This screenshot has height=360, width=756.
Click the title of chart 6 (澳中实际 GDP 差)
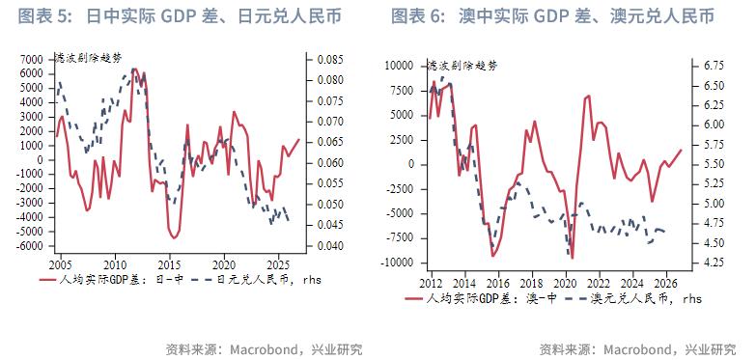[553, 16]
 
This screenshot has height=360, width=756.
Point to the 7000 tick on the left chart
[31, 60]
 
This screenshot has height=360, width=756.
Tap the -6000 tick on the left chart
[29, 245]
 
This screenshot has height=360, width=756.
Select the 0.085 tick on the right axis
[330, 60]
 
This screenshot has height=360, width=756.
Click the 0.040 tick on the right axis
[330, 245]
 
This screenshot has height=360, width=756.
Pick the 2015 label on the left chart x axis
[169, 263]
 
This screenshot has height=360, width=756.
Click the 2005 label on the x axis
[60, 263]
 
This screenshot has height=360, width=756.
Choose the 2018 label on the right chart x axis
[531, 282]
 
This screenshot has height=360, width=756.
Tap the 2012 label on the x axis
[431, 282]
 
